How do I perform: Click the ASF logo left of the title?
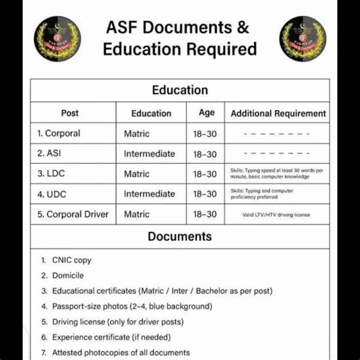[56, 39]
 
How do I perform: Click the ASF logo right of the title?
[303, 39]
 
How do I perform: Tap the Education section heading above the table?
[179, 90]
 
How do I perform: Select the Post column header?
[70, 113]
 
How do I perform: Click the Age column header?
[206, 113]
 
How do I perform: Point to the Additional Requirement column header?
[278, 113]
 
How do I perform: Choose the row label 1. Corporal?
[59, 134]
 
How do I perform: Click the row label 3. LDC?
[51, 174]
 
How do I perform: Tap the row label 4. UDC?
[51, 194]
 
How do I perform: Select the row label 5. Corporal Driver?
[73, 215]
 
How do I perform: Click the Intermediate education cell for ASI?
[150, 154]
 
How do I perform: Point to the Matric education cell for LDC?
[136, 174]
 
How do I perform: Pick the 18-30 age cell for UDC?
[205, 194]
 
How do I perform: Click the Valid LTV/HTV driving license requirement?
[276, 215]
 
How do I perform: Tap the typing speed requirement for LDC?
[277, 174]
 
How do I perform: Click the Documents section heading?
[179, 237]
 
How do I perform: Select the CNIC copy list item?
[71, 260]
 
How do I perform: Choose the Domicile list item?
[68, 276]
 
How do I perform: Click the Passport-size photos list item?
[132, 306]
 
